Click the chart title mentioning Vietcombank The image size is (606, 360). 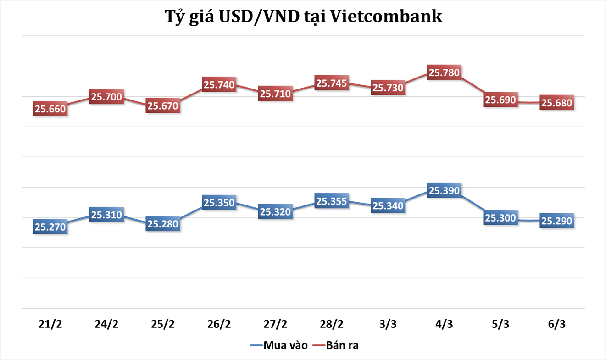pos(303,17)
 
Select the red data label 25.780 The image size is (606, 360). pos(444,72)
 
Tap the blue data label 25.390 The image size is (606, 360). pos(444,190)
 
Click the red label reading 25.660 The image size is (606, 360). pos(50,109)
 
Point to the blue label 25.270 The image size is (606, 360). pos(50,227)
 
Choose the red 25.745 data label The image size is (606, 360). pos(332,83)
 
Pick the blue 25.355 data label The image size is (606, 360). pos(332,201)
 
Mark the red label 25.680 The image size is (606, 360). pos(556,103)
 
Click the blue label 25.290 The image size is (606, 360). pos(556,221)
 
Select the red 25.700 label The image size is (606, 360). pos(106,97)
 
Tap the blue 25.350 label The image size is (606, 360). pos(219,203)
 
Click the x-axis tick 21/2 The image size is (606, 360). pos(50,324)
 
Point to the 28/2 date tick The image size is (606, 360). pos(332,324)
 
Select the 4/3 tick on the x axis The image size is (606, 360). pos(444,324)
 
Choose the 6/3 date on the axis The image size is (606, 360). pos(556,324)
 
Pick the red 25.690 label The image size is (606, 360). pos(500,100)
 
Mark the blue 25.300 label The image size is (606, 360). pos(500,218)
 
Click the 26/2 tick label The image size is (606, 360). pos(219,324)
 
